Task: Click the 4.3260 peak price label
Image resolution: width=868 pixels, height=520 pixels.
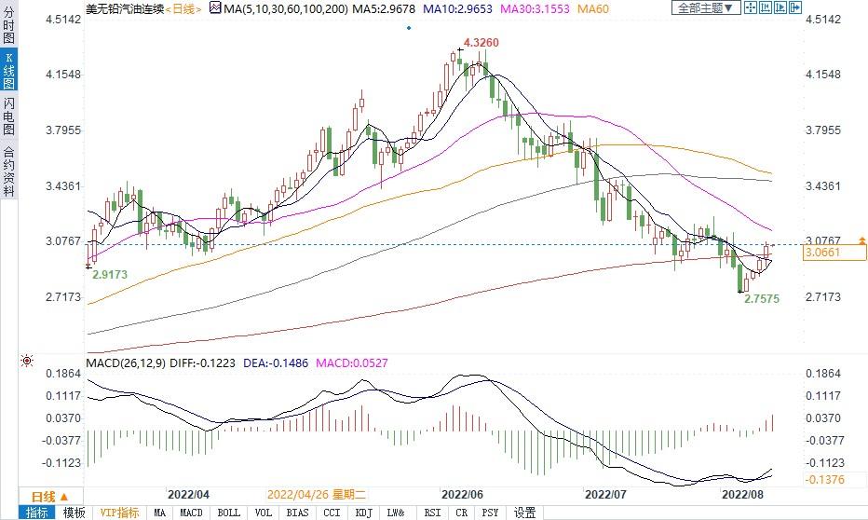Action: pyautogui.click(x=481, y=43)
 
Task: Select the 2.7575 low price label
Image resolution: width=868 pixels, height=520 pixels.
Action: pyautogui.click(x=762, y=299)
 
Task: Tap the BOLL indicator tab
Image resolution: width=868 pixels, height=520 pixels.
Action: pyautogui.click(x=228, y=513)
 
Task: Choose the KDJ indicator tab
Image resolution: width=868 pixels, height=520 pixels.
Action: pyautogui.click(x=362, y=513)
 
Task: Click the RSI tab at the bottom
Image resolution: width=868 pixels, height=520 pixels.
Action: pyautogui.click(x=432, y=513)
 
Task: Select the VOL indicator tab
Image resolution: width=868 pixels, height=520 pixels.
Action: pyautogui.click(x=264, y=513)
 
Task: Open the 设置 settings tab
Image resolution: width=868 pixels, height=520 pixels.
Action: pyautogui.click(x=525, y=513)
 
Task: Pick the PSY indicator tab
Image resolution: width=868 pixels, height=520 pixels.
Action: pyautogui.click(x=490, y=513)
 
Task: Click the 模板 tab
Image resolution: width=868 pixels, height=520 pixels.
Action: pyautogui.click(x=74, y=513)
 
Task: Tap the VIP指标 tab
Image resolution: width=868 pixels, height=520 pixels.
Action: pyautogui.click(x=119, y=513)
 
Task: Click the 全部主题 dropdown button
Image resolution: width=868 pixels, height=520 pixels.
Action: pyautogui.click(x=705, y=8)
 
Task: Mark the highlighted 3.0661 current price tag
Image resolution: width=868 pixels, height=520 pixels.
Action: pyautogui.click(x=822, y=253)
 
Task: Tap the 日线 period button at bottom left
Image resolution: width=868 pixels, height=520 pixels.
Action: pyautogui.click(x=44, y=495)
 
